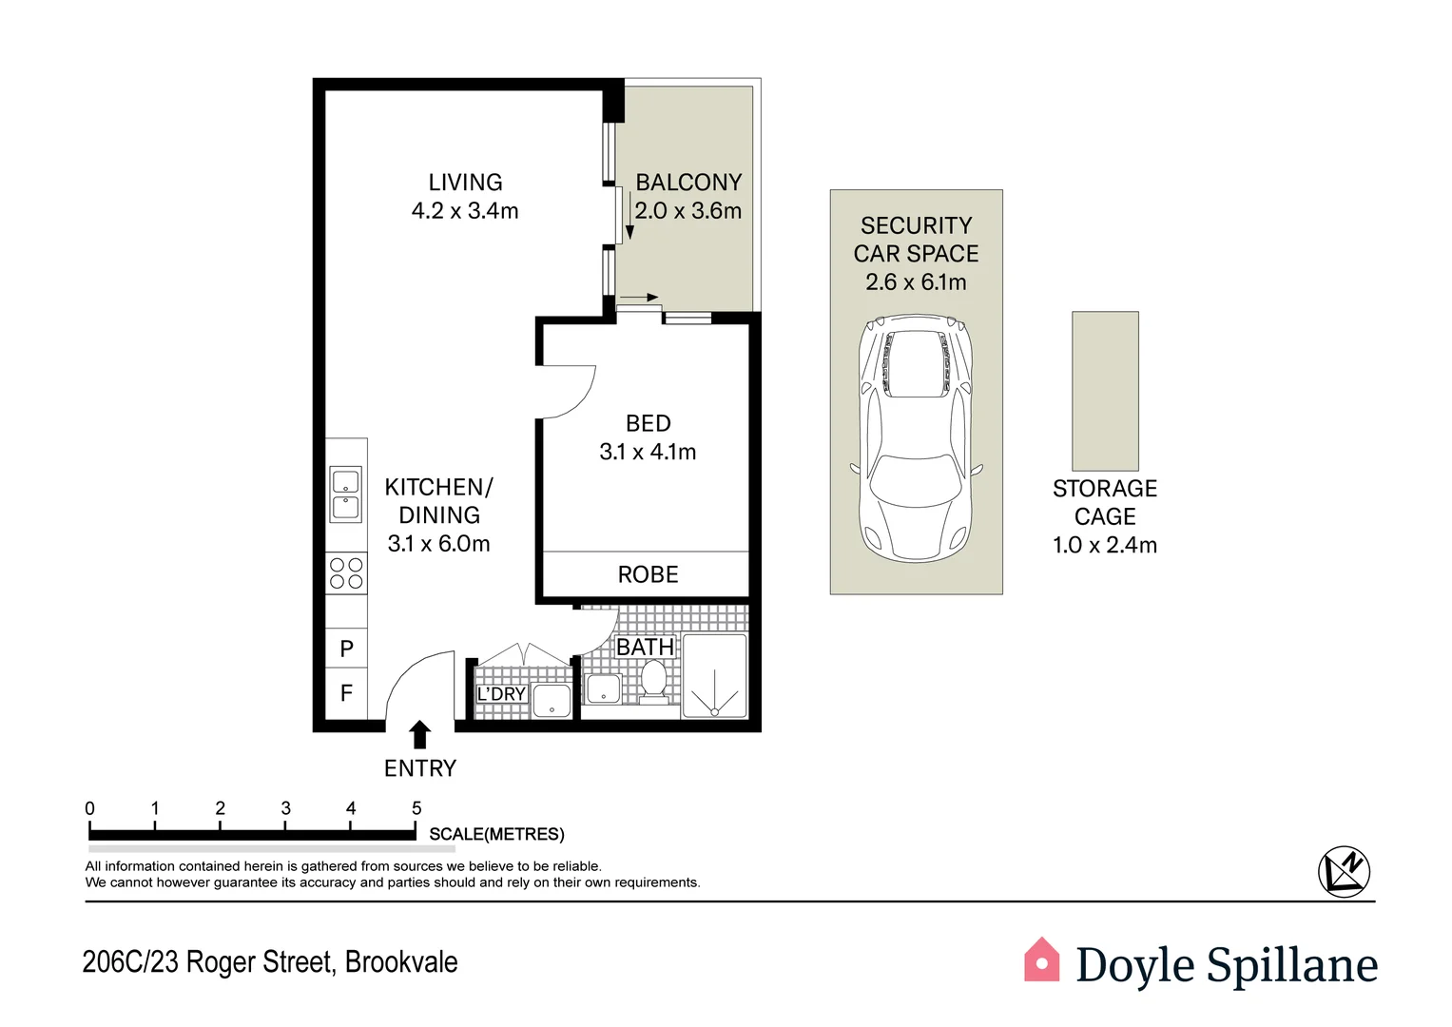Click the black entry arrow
coord(419,735)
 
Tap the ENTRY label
coord(419,768)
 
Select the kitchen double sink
coord(346,494)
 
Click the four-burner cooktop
coord(346,573)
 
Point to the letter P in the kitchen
coord(346,649)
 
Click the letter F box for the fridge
coord(346,693)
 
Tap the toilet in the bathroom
coord(653,682)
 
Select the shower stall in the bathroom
coord(714,677)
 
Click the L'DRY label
coord(501,694)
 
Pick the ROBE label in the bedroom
coord(648,574)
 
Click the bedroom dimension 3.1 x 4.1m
coord(648,453)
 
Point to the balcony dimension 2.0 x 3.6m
coord(687,211)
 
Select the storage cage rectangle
coord(1105,391)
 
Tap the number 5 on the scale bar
coord(416,808)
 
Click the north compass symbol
coord(1344,871)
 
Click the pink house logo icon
coord(1041,960)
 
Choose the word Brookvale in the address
coord(401,962)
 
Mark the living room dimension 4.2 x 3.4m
coord(465,211)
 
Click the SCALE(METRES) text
coord(496,834)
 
